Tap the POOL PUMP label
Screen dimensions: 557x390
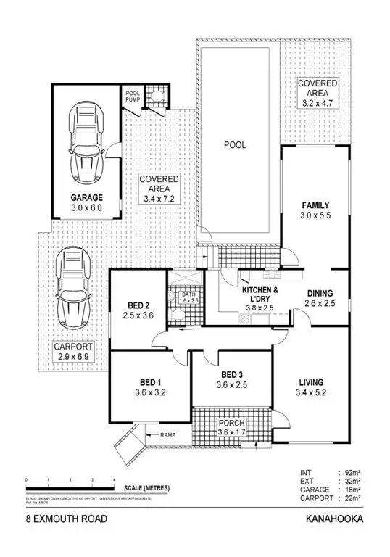click(133, 97)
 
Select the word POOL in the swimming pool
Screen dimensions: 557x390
click(234, 145)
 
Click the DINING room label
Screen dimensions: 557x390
click(320, 293)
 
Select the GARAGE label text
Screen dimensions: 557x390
click(86, 197)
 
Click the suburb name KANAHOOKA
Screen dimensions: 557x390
click(335, 519)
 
